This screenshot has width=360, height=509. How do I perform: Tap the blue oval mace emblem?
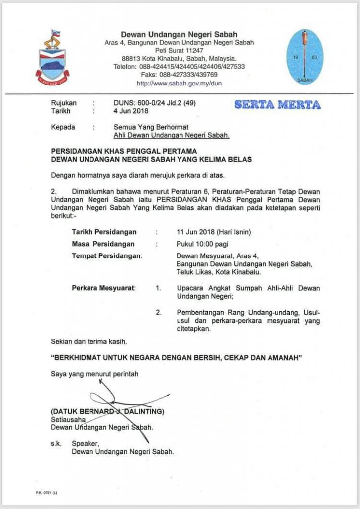coord(305,57)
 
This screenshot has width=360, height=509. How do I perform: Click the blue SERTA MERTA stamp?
coord(277,105)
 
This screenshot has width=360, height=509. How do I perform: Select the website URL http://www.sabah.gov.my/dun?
coord(179,84)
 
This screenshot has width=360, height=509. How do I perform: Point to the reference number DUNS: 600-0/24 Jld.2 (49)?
coord(156,103)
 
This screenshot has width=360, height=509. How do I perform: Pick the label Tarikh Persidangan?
coord(104,232)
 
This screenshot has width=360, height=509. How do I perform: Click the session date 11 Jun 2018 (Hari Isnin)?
coord(214,232)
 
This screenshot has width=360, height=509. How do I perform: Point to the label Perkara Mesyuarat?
coord(103,288)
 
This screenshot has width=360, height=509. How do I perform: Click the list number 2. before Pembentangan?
coord(159,313)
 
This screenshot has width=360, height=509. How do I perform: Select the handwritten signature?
coord(124,405)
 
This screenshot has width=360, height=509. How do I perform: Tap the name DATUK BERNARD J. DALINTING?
coord(107,412)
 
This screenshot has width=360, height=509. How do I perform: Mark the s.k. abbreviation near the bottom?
coord(56,444)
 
